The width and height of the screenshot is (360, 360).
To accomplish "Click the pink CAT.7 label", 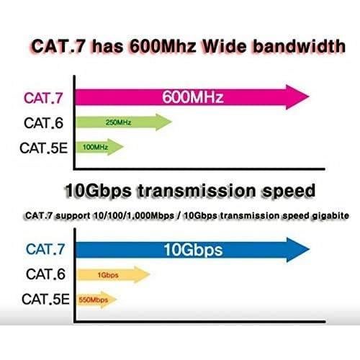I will (46, 96).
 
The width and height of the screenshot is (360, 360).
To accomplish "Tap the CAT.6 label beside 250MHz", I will (46, 122).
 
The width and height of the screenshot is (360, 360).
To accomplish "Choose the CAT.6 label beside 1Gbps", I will (46, 274).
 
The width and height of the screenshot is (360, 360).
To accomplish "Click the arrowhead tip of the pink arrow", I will (307, 96).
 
